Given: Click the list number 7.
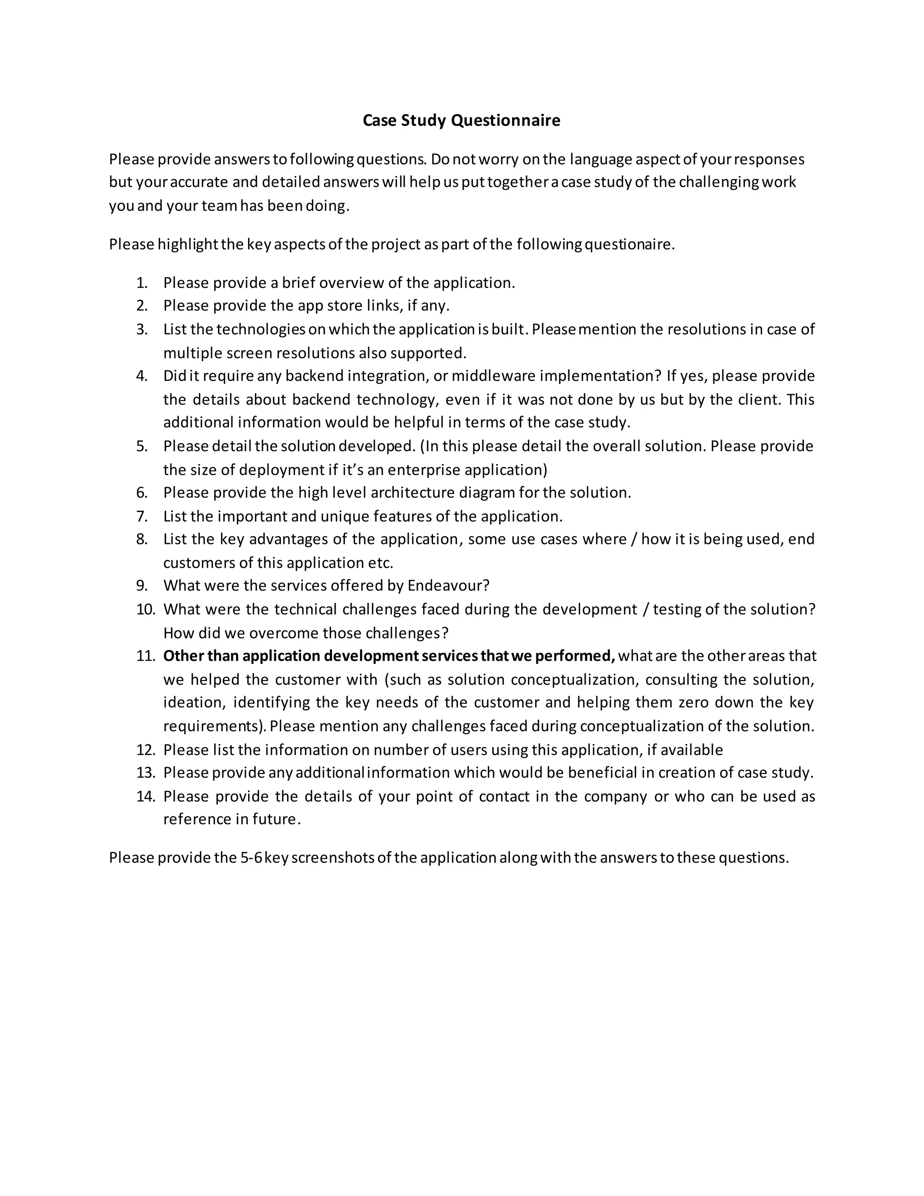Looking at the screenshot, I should pyautogui.click(x=142, y=516).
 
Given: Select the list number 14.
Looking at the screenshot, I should pyautogui.click(x=145, y=796).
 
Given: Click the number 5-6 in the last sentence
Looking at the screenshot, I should pyautogui.click(x=251, y=858).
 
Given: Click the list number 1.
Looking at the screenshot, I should pyautogui.click(x=142, y=283).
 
